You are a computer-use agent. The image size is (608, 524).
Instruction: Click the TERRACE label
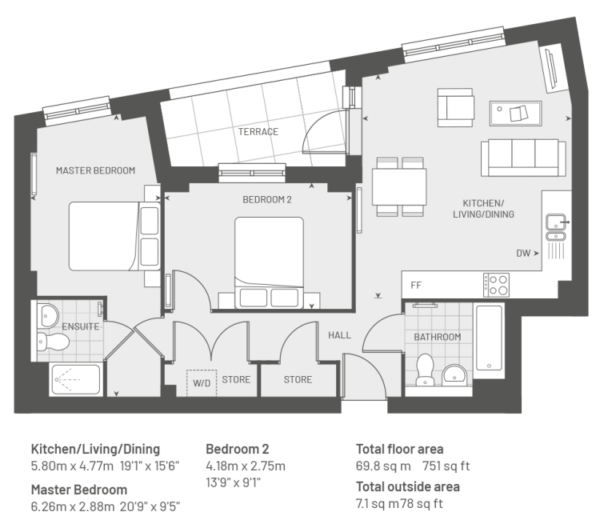point(258,132)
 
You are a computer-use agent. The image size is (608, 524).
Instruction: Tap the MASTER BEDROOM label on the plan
point(95,170)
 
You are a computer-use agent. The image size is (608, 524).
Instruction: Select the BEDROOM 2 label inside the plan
point(266,200)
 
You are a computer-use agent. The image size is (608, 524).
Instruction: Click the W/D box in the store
point(202,383)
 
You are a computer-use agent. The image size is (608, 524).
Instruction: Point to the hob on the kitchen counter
point(496,285)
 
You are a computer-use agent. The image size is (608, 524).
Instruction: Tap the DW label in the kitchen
point(523,254)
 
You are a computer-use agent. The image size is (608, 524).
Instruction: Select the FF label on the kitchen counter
point(416,286)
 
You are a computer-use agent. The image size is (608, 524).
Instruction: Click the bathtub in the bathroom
point(489,338)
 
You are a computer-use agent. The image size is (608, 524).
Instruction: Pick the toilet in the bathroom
point(425,369)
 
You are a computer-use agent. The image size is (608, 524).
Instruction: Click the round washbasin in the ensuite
point(48,315)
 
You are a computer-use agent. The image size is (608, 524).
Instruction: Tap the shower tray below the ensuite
point(76,379)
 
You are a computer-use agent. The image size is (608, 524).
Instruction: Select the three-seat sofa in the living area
point(523,158)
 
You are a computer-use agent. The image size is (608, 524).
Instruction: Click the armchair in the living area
point(456,107)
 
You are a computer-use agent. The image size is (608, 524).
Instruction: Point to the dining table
point(399,186)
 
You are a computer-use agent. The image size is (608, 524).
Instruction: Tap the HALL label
point(340,335)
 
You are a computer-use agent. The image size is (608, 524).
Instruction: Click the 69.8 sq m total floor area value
point(383,466)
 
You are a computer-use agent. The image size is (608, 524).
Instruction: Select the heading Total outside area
point(408,486)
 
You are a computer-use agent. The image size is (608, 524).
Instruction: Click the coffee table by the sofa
point(515,114)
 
